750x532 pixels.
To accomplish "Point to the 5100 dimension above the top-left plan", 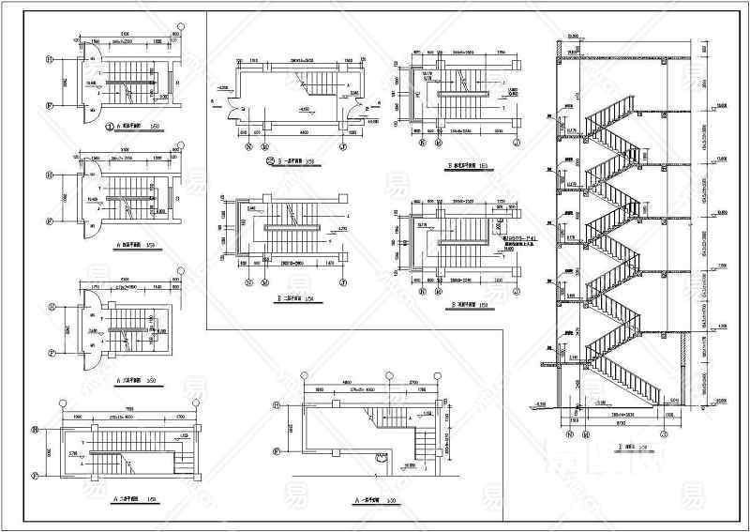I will point(124,38).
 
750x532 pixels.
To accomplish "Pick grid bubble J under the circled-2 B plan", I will point(343,146).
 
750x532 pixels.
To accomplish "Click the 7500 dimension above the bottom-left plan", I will point(129,410).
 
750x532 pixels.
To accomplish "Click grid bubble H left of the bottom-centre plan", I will point(276,406).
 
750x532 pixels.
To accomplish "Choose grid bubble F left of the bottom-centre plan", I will point(276,451).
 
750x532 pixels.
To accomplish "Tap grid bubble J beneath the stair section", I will point(663,434).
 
